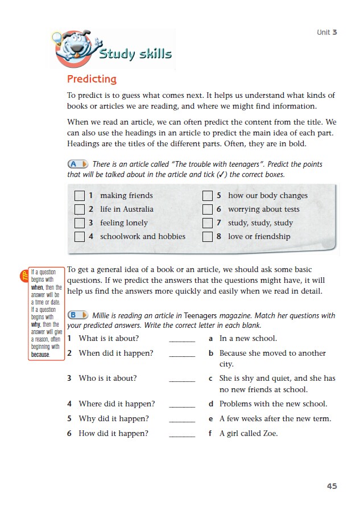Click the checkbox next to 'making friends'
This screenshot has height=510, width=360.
coord(80,196)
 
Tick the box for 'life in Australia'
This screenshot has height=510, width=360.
coord(80,209)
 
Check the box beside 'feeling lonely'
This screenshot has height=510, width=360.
coord(80,223)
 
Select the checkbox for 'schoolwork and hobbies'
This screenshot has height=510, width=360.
coord(80,237)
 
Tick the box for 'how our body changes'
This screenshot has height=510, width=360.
coord(208,196)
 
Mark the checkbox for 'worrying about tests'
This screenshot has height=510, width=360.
coord(208,209)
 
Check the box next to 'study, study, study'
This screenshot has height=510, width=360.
coord(208,223)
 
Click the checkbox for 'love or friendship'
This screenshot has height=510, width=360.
coord(208,237)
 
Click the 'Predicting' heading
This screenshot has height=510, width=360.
coord(92,79)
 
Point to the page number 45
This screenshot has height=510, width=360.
coord(332,486)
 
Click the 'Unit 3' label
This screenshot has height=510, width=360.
coord(327,32)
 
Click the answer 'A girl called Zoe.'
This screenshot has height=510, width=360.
coord(249,434)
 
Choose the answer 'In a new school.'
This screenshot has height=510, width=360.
coord(248,339)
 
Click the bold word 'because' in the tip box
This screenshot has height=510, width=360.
coord(40,355)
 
